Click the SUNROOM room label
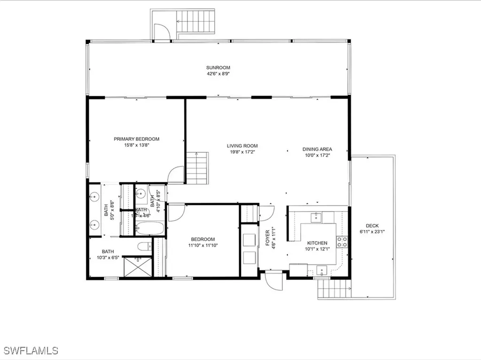coord(218,68)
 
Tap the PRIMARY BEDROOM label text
coord(136,139)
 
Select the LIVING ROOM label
coord(242,146)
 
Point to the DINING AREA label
coord(317,149)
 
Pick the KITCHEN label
coord(317,243)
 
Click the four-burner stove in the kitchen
coord(342,242)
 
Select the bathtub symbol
coord(150,229)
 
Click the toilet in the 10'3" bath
coord(145,246)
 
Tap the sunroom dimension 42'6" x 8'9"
coord(218,74)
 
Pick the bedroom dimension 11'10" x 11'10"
coord(203,245)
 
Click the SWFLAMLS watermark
coord(31,350)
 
